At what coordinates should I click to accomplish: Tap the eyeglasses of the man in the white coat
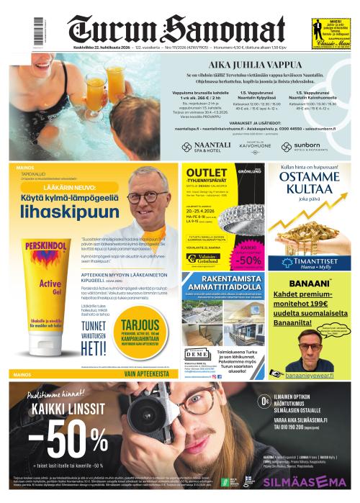[x=143, y=196]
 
